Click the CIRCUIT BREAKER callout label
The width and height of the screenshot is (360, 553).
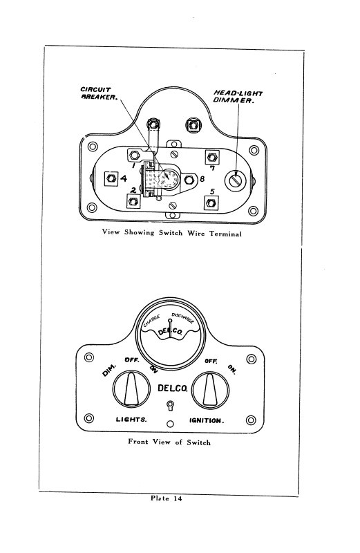pos(99,93)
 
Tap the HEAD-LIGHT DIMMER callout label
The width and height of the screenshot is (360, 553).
pos(238,97)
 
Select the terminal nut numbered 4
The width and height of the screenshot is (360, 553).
pos(111,178)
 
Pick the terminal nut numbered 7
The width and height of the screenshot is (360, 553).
pos(212,158)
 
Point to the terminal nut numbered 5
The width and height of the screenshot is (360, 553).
pos(211,203)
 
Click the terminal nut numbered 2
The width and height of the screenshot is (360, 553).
pos(133,201)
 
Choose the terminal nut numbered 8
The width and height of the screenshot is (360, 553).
pos(189,180)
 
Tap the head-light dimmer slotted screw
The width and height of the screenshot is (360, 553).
pos(234,180)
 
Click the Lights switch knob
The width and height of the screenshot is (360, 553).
pos(131,389)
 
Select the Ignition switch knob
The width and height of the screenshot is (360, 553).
pos(211,390)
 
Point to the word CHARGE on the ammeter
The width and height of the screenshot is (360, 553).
pos(151,321)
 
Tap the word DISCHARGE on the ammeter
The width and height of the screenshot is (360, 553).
pos(182,318)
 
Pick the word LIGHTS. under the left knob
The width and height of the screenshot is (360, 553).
pos(131,420)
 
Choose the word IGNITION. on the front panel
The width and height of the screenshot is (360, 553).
pos(207,420)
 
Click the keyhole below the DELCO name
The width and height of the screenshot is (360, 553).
pos(170,405)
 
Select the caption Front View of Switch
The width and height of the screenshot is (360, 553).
pos(169,442)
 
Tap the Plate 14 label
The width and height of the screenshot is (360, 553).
pos(167,498)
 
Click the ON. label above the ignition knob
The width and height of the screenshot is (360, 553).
pos(232,369)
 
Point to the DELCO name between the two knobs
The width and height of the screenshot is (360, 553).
pos(173,388)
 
